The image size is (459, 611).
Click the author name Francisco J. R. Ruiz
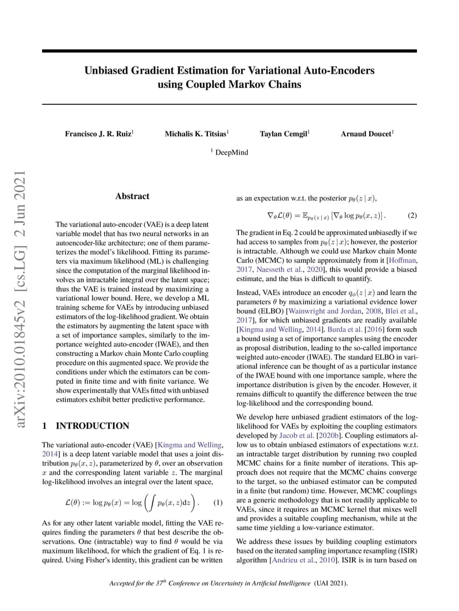(99, 134)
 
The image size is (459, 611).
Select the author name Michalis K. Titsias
(196, 134)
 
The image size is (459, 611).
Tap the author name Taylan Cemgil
(284, 134)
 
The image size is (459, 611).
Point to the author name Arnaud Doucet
(366, 134)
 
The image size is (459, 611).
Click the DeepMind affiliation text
(231, 152)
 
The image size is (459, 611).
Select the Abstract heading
(132, 196)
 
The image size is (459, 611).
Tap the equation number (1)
(218, 503)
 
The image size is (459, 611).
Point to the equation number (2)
(412, 215)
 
